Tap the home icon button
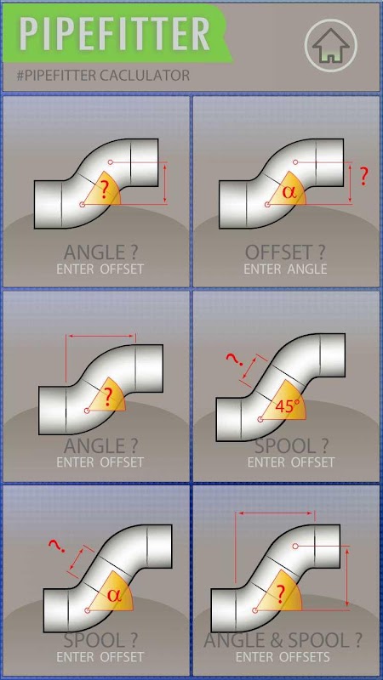click(x=330, y=45)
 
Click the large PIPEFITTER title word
click(x=115, y=34)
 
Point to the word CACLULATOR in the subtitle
click(x=145, y=76)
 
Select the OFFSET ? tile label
click(x=285, y=252)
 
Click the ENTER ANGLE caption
click(x=285, y=269)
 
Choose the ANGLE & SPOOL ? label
click(x=283, y=641)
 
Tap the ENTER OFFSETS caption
click(x=283, y=657)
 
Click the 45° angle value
click(x=288, y=406)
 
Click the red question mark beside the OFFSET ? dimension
click(x=364, y=177)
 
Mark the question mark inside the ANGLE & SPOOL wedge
click(x=281, y=593)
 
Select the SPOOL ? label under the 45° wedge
click(x=291, y=445)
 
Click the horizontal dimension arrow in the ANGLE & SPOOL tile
click(x=276, y=513)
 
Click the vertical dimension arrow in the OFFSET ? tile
click(x=351, y=183)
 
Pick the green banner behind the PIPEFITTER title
click(x=117, y=34)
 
